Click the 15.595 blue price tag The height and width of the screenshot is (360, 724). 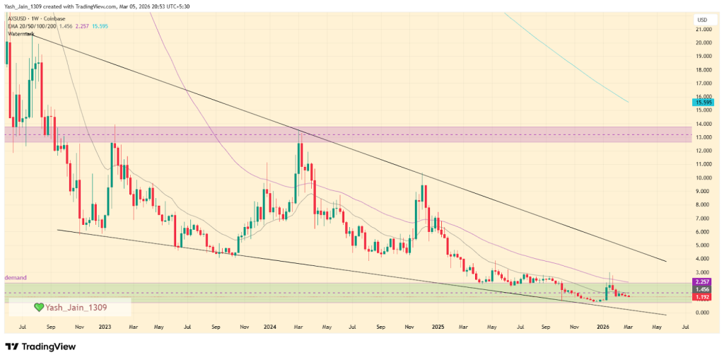[x=702, y=103]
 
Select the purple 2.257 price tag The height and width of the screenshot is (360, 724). [x=702, y=281]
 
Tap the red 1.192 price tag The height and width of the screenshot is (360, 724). [x=702, y=297]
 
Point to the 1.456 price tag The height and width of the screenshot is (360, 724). [x=702, y=289]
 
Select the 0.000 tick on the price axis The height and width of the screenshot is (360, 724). [x=702, y=313]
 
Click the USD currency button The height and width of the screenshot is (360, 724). [x=702, y=19]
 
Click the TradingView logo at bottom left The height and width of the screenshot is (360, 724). [x=41, y=347]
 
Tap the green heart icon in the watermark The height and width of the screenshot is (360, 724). [x=40, y=308]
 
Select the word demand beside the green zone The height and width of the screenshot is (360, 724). [x=15, y=278]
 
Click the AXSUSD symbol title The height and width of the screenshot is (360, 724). [x=19, y=18]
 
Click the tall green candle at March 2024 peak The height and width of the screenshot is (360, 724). [x=299, y=153]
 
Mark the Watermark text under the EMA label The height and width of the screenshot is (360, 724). [x=21, y=33]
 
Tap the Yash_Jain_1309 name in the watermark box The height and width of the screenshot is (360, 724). [x=76, y=308]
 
